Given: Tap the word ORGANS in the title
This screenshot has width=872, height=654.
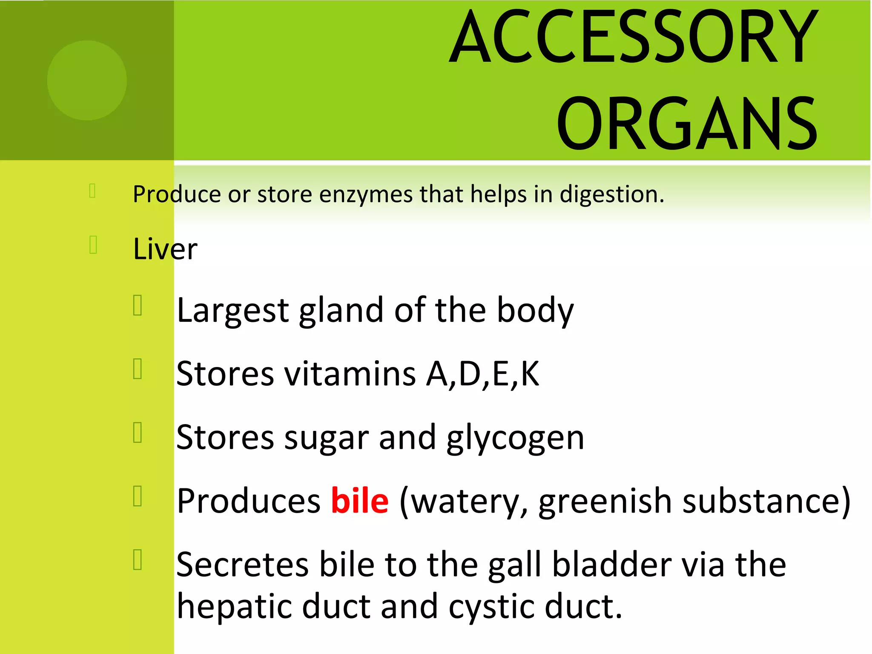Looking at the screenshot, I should (686, 124).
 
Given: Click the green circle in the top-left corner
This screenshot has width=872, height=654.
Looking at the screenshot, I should (87, 80).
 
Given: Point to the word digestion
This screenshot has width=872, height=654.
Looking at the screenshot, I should (611, 195).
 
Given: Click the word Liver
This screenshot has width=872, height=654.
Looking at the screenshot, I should (165, 249).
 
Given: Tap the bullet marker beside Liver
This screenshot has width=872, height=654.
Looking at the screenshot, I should (94, 245).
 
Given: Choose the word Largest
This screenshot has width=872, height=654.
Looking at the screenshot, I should (233, 311).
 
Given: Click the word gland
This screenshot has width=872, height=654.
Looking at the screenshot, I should (341, 311).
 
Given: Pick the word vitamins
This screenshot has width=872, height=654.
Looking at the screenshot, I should (350, 374).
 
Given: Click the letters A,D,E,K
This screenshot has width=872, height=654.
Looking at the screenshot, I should (483, 374).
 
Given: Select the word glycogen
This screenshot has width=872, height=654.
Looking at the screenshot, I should (515, 439).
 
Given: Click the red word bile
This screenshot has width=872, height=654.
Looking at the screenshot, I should (360, 501).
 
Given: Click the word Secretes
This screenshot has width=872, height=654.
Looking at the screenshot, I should (242, 565).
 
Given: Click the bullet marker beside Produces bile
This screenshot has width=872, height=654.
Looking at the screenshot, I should (138, 496).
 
